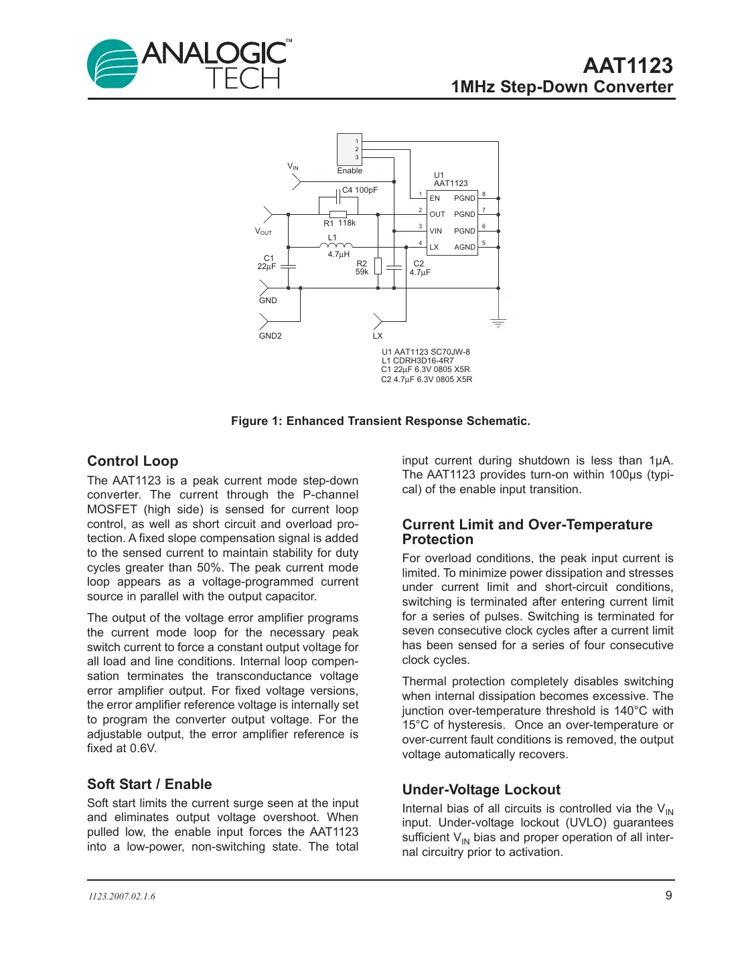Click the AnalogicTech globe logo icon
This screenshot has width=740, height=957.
112,64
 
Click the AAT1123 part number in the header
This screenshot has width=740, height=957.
627,66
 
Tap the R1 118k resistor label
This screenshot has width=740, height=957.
340,223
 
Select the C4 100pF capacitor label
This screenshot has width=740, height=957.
360,190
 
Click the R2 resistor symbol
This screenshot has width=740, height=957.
378,266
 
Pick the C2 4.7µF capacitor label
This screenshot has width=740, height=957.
420,268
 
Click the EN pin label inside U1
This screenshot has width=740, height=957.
435,198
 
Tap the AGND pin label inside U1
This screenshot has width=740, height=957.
464,247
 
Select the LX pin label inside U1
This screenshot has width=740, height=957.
434,247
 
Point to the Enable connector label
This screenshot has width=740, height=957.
350,171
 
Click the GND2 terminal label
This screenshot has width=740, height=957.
271,336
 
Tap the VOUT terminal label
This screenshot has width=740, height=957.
263,232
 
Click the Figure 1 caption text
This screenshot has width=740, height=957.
380,421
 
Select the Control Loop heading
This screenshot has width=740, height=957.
133,461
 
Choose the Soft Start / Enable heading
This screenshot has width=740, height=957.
149,784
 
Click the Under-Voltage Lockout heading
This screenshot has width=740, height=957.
481,790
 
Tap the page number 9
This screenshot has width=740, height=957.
668,895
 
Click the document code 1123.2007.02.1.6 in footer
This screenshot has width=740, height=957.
122,896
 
